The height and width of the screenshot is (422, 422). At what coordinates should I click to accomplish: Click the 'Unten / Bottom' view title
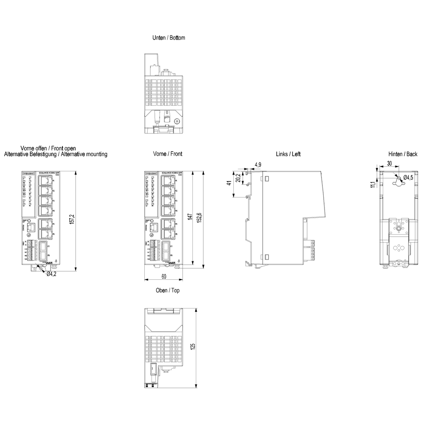(x=168, y=38)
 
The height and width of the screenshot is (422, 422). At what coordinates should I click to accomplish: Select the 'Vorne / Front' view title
(x=168, y=154)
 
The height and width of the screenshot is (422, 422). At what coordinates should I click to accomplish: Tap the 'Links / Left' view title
(x=288, y=154)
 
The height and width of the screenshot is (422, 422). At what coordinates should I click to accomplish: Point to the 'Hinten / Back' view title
(x=403, y=154)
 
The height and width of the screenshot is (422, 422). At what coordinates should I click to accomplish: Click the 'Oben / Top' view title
(x=168, y=290)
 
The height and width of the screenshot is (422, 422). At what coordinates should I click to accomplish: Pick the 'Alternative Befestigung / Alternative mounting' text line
(x=56, y=154)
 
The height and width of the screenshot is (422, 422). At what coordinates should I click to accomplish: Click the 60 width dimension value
(x=164, y=276)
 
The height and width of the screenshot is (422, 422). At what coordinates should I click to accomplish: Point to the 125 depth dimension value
(x=193, y=346)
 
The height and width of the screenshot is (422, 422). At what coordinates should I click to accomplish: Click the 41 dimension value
(x=229, y=183)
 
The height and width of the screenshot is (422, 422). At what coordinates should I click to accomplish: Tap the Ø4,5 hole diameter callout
(x=408, y=177)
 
